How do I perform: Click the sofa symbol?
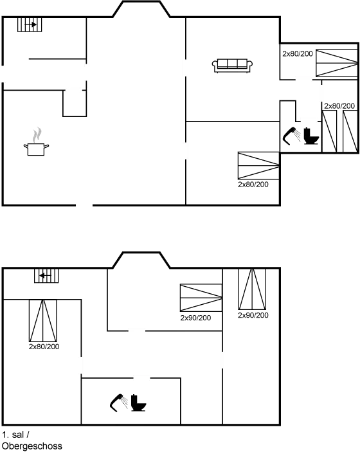232,64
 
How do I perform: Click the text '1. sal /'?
14,435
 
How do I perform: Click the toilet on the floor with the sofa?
309,137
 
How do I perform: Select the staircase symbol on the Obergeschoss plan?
46,277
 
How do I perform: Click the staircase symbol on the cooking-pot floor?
30,26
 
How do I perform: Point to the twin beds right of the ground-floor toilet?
340,131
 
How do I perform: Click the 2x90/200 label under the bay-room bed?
196,318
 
